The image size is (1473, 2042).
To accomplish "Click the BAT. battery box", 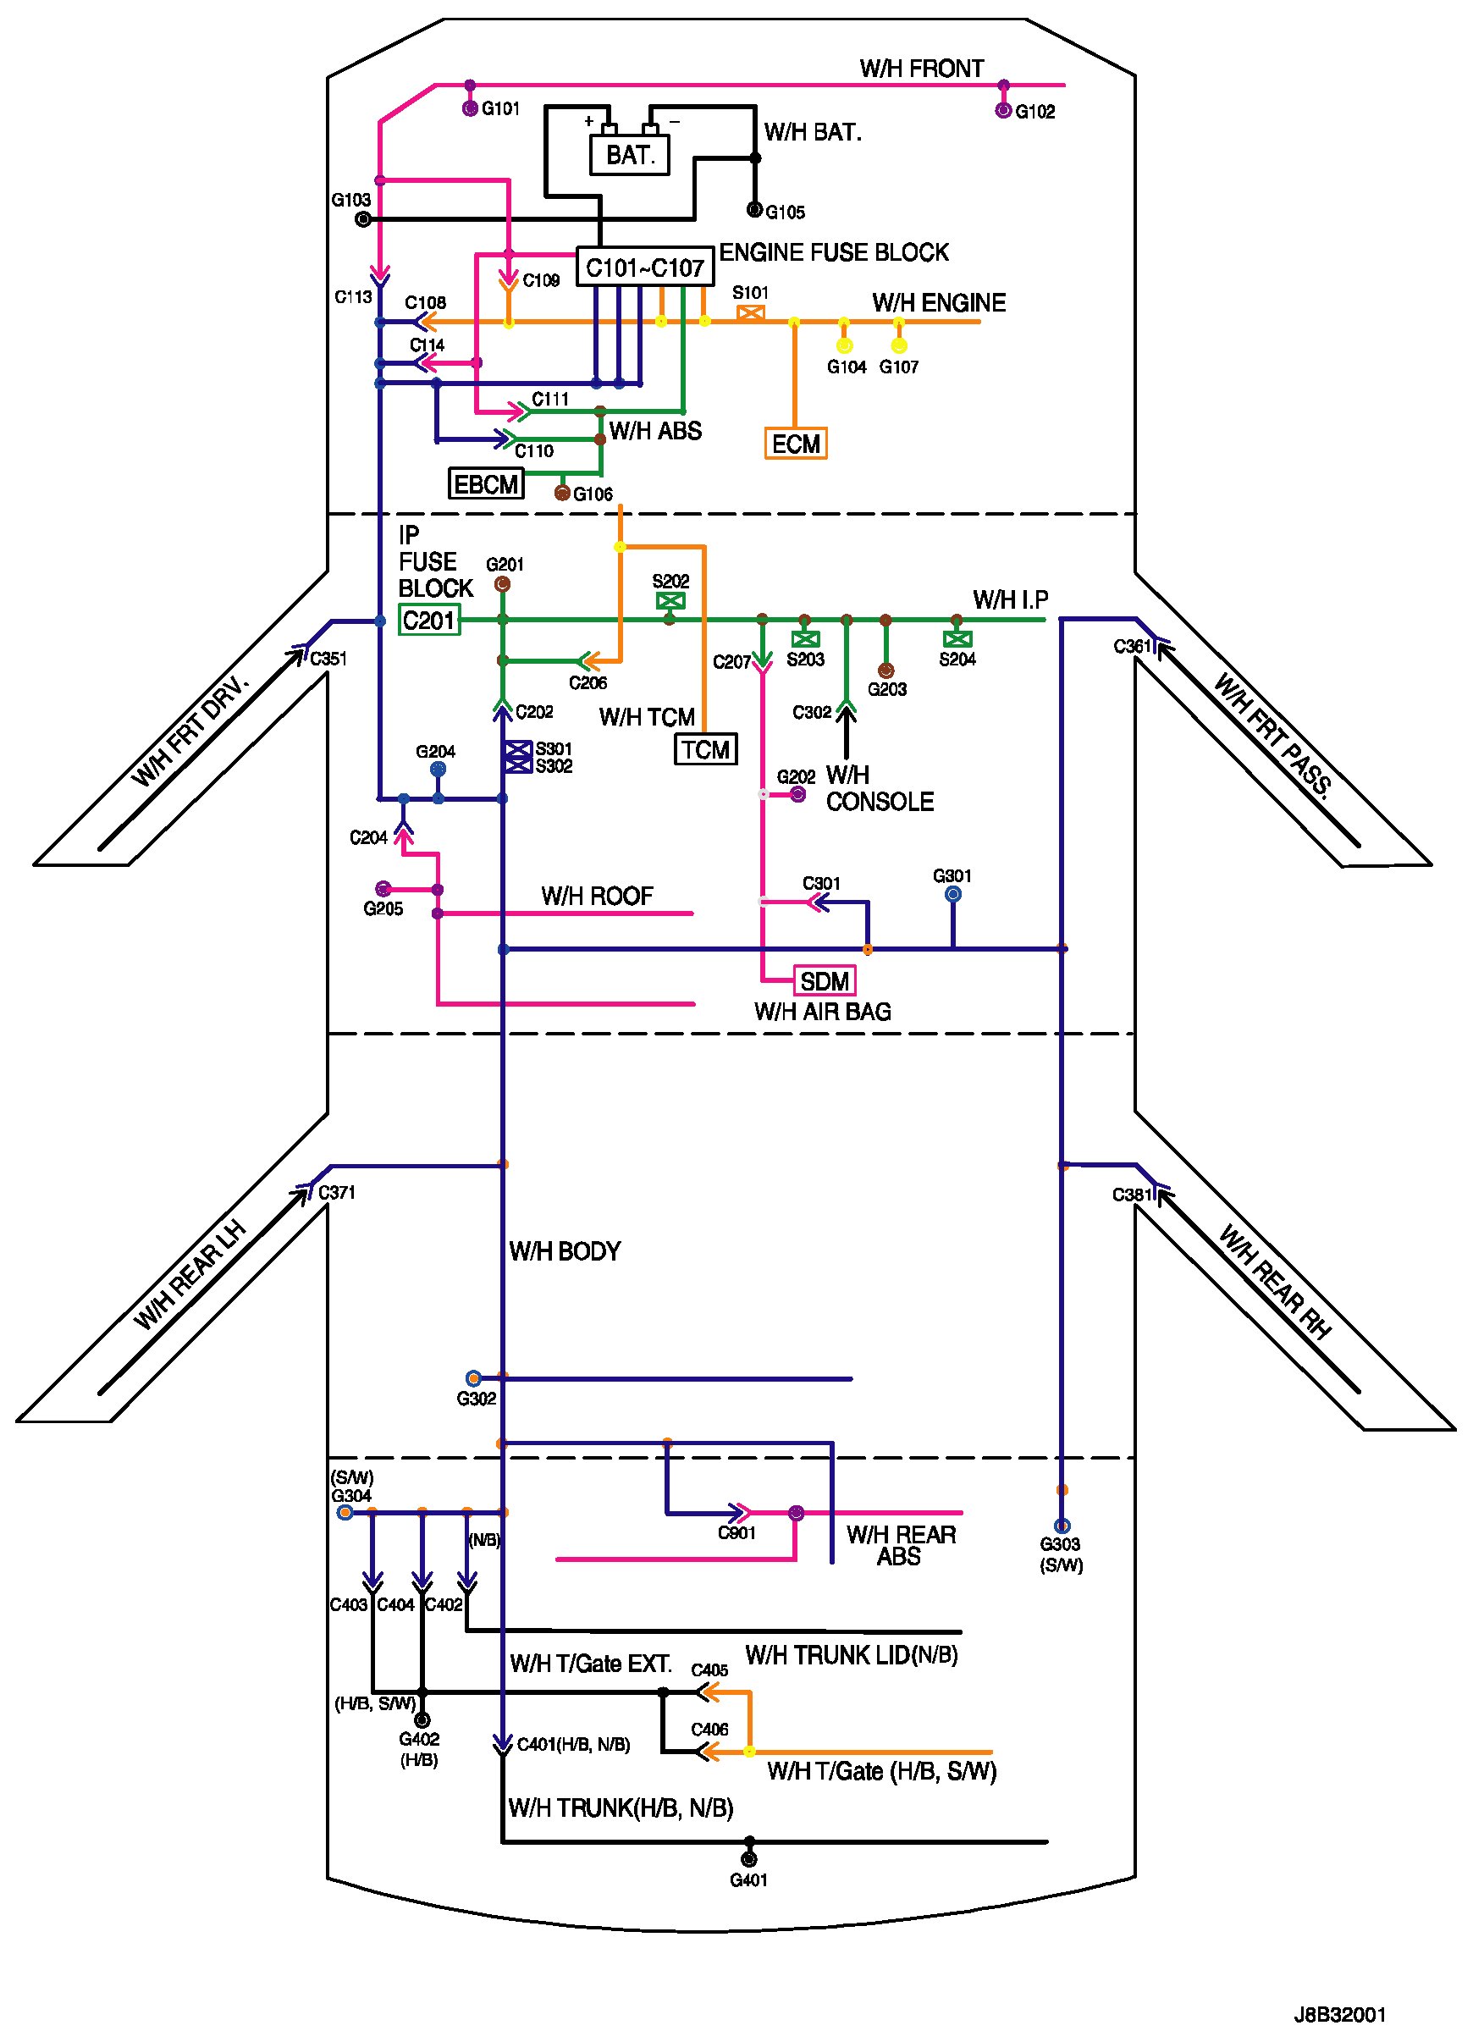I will (629, 155).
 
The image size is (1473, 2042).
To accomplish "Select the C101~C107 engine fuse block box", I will (645, 268).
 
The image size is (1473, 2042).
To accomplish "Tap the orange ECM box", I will (796, 444).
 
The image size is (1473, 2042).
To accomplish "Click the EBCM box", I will (486, 484).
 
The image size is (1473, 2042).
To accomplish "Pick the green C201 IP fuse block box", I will (429, 621).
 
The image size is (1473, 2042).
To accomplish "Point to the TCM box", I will (706, 749).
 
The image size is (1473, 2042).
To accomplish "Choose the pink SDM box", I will (824, 980).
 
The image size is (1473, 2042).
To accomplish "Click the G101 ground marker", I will (470, 109).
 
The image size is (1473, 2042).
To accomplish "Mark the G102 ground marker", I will (1003, 111).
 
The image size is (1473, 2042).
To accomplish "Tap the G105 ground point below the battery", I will (754, 211).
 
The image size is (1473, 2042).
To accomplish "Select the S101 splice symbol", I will (751, 313).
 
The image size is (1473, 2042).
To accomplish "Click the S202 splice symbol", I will (670, 600).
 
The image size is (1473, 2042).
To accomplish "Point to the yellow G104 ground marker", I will (845, 345).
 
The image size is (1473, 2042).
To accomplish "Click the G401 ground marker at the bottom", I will (749, 1859).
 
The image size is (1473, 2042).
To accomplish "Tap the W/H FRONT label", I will (921, 69).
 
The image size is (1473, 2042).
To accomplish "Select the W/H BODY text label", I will (565, 1250).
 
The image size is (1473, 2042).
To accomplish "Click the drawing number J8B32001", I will (1340, 2014).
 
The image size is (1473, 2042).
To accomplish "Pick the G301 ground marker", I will (952, 894).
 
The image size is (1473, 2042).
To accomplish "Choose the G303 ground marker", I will (1062, 1526).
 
